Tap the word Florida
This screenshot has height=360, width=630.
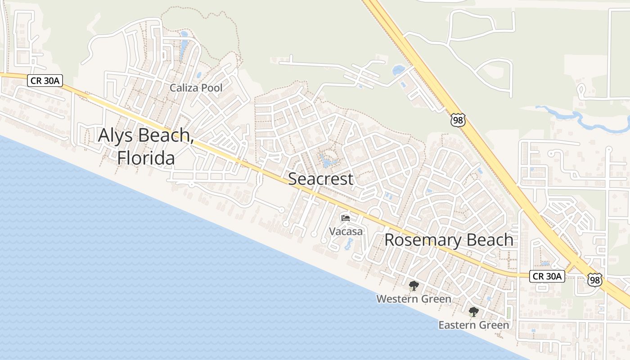tap(146, 158)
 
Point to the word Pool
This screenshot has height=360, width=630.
tap(211, 88)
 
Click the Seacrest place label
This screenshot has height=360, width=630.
tap(320, 179)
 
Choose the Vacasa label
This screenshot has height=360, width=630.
tap(346, 231)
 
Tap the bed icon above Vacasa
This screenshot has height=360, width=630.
tap(346, 218)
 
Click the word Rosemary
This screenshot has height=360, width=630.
tap(423, 240)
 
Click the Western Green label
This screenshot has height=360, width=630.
tap(414, 299)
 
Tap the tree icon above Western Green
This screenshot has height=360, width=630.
tap(414, 285)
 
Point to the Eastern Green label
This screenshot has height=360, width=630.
tap(474, 325)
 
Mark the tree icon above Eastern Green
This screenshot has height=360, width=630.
tap(473, 311)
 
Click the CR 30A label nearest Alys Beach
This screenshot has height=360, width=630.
tap(45, 81)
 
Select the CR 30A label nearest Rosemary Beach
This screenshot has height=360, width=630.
tap(547, 276)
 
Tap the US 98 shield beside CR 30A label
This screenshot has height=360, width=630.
tap(595, 279)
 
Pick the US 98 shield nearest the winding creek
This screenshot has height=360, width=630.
tap(457, 120)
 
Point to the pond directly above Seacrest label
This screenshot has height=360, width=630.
tap(327, 160)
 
